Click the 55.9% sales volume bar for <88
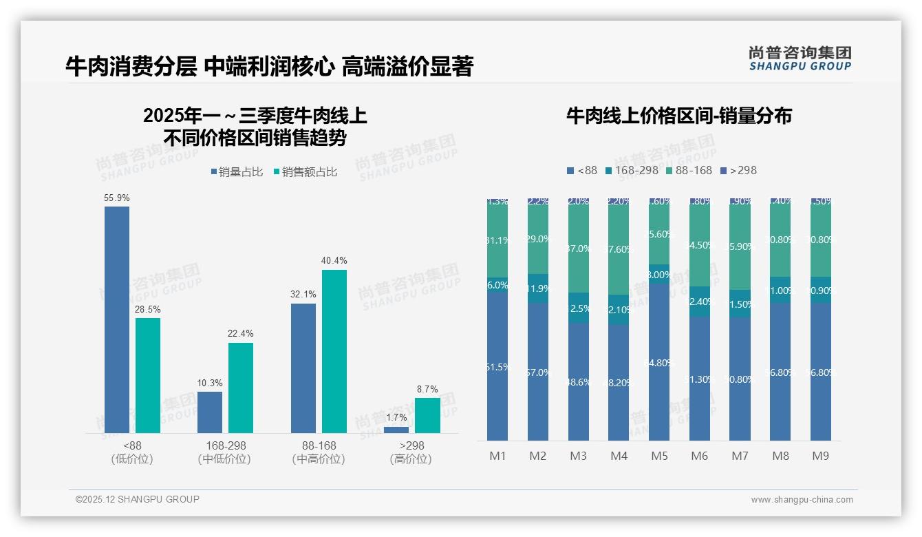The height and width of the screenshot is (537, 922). point(117,319)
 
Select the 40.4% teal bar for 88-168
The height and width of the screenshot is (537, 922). point(334,351)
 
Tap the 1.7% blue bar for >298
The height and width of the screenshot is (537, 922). point(396,430)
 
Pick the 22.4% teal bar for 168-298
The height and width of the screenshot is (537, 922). point(241,388)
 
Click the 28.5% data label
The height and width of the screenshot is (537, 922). point(148,310)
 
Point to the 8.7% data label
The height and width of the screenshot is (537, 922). point(427,390)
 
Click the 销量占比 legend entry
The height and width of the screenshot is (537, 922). point(237,172)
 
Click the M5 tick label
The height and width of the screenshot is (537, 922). point(659,456)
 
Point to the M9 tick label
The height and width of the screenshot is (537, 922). point(821,456)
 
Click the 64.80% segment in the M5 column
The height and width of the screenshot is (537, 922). point(659,362)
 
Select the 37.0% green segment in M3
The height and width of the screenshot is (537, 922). point(579,249)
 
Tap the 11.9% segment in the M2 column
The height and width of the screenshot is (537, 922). point(538,288)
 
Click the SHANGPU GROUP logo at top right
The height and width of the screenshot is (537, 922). point(800,58)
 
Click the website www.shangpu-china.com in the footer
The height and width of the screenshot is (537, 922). point(802,500)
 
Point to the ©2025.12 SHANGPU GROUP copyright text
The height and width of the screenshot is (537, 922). point(138,499)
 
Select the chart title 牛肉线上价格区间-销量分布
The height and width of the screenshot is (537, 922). point(678,116)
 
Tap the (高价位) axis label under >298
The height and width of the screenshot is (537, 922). point(411,459)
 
